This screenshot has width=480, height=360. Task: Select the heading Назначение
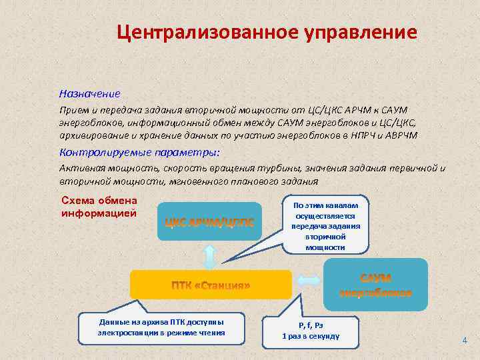[x=89, y=93]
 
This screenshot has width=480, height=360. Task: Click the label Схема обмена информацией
[x=99, y=207]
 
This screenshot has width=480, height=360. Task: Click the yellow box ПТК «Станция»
[x=211, y=285]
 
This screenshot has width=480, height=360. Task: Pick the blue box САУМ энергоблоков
[x=375, y=285]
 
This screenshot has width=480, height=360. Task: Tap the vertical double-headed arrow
[x=209, y=256]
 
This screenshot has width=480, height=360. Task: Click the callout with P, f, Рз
[x=311, y=330]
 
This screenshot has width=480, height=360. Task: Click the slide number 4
[x=465, y=341]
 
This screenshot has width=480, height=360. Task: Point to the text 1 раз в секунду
[x=311, y=336]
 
